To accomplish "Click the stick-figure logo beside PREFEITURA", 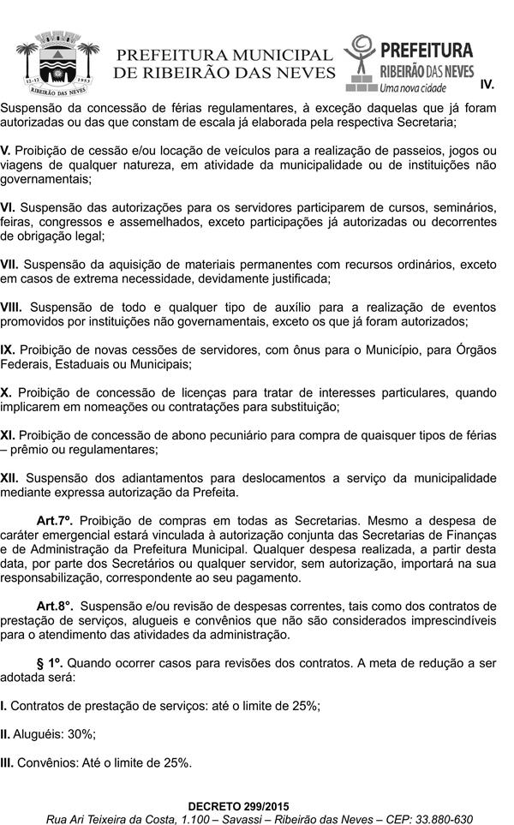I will (361, 58).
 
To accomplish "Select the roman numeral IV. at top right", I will (488, 85).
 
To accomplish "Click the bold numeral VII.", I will (9, 265).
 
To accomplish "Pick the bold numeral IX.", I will (8, 350).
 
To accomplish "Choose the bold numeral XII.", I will (9, 477).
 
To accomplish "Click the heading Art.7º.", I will (55, 520).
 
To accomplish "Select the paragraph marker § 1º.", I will (51, 662).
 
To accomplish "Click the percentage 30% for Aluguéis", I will (81, 734).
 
